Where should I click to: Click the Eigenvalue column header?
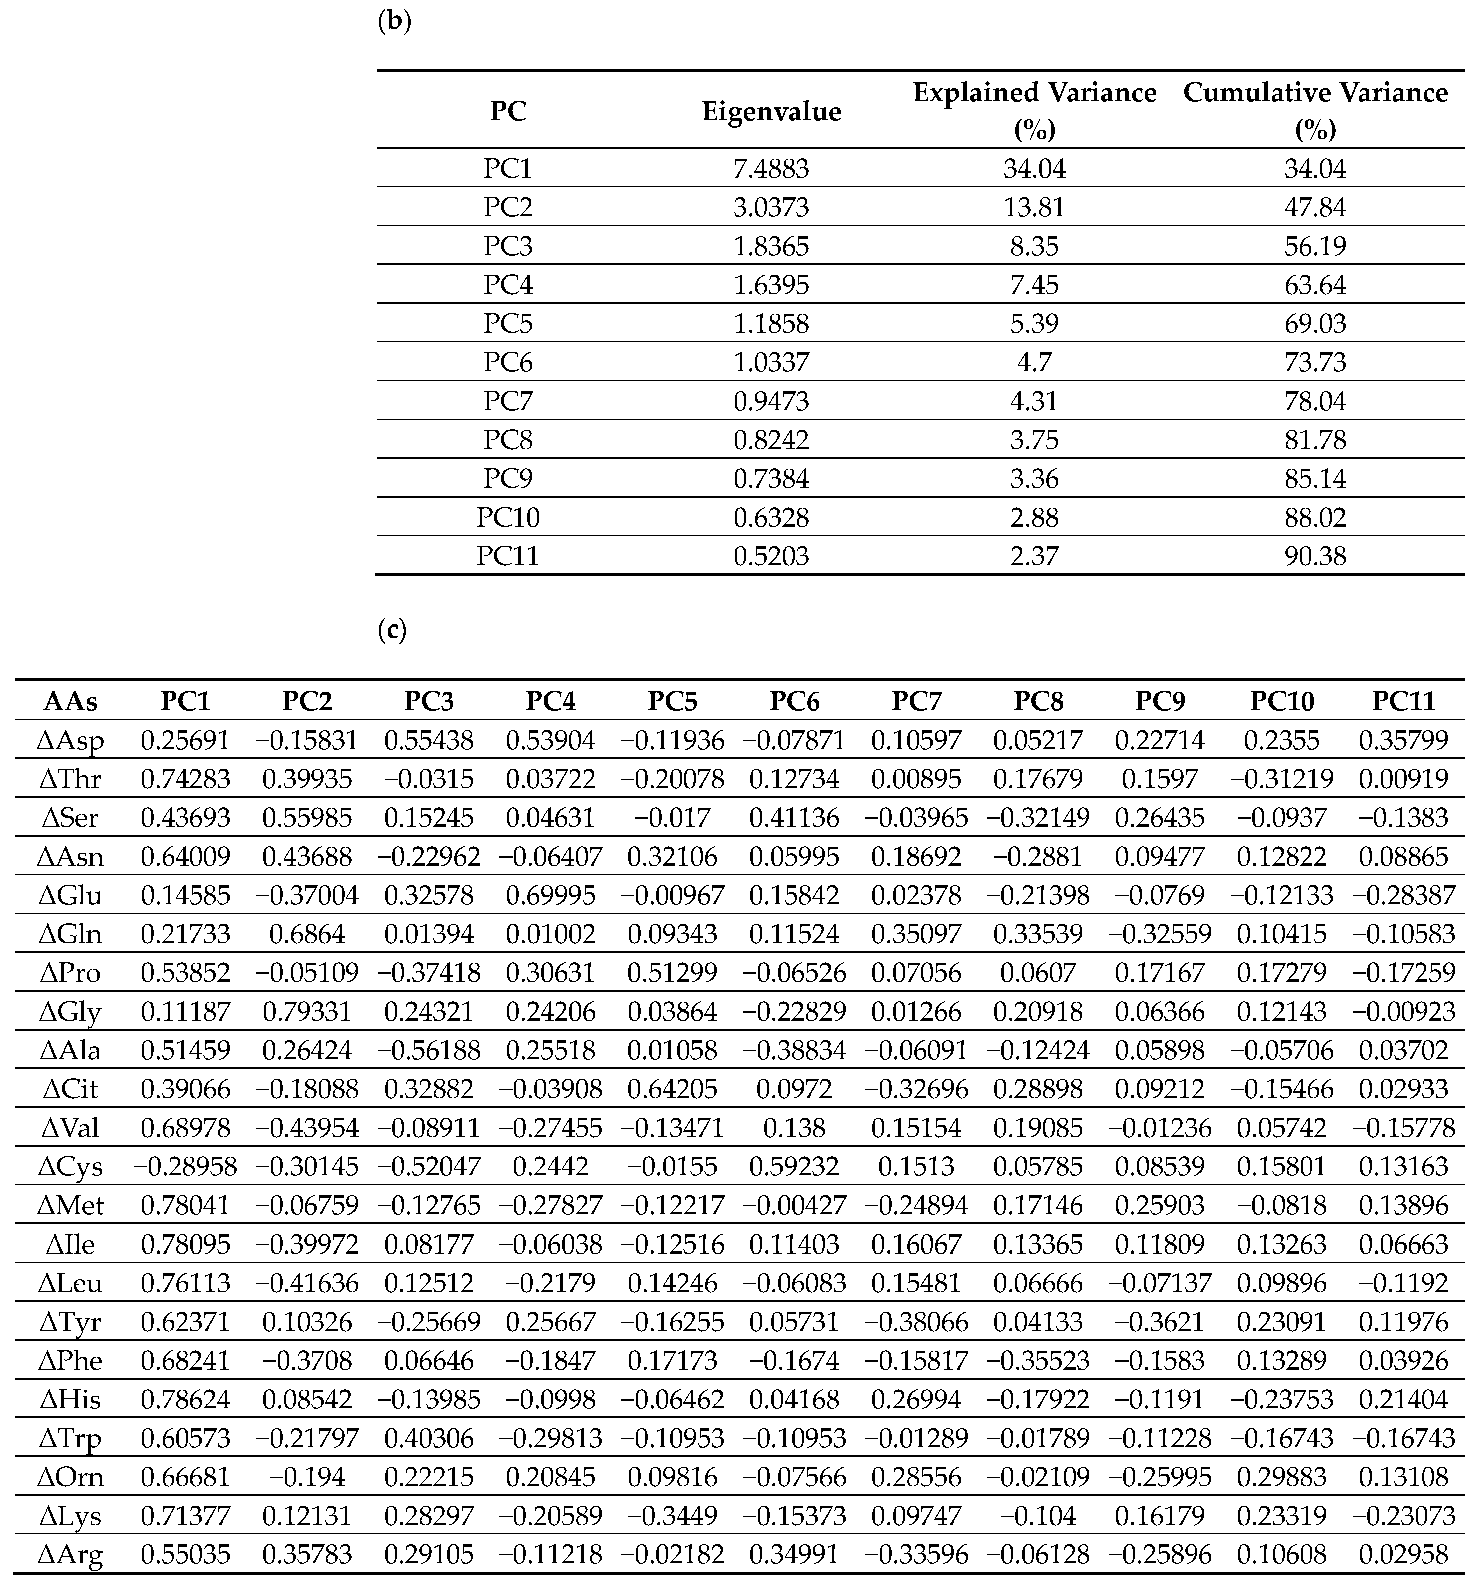(771, 111)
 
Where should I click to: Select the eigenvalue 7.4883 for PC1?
(771, 169)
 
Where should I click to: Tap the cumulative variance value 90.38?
(1315, 555)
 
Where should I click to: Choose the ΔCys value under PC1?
(185, 1166)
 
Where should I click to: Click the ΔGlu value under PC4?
(551, 895)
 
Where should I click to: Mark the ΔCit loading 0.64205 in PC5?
(673, 1089)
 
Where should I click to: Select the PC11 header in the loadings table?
(1404, 701)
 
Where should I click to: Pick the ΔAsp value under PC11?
(1404, 740)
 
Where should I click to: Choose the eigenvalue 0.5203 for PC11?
(771, 555)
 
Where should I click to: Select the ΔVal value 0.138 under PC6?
(795, 1128)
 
